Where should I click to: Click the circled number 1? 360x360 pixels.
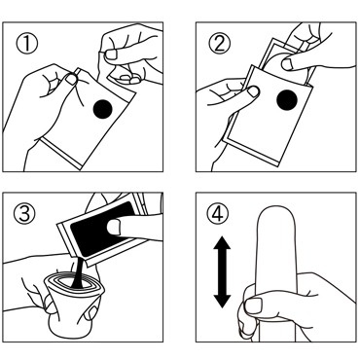click(27, 44)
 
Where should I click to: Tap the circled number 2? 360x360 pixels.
click(220, 44)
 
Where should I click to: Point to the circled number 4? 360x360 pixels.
click(217, 214)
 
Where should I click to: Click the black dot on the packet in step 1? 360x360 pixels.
click(102, 109)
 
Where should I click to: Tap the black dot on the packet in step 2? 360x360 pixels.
click(287, 100)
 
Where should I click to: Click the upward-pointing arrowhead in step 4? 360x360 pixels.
click(222, 243)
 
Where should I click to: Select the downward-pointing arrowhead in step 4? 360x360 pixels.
click(222, 302)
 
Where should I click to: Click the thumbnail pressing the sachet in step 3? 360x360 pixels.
click(114, 227)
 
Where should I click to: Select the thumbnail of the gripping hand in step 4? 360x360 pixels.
click(253, 306)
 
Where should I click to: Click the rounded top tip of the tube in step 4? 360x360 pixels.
click(276, 206)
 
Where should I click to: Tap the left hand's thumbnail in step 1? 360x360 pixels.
click(72, 79)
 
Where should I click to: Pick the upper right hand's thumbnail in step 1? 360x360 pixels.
click(111, 54)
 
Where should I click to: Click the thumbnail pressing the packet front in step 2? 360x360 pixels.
click(254, 91)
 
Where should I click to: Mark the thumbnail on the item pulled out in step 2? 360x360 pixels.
click(288, 64)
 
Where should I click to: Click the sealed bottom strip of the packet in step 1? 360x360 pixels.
click(62, 153)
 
